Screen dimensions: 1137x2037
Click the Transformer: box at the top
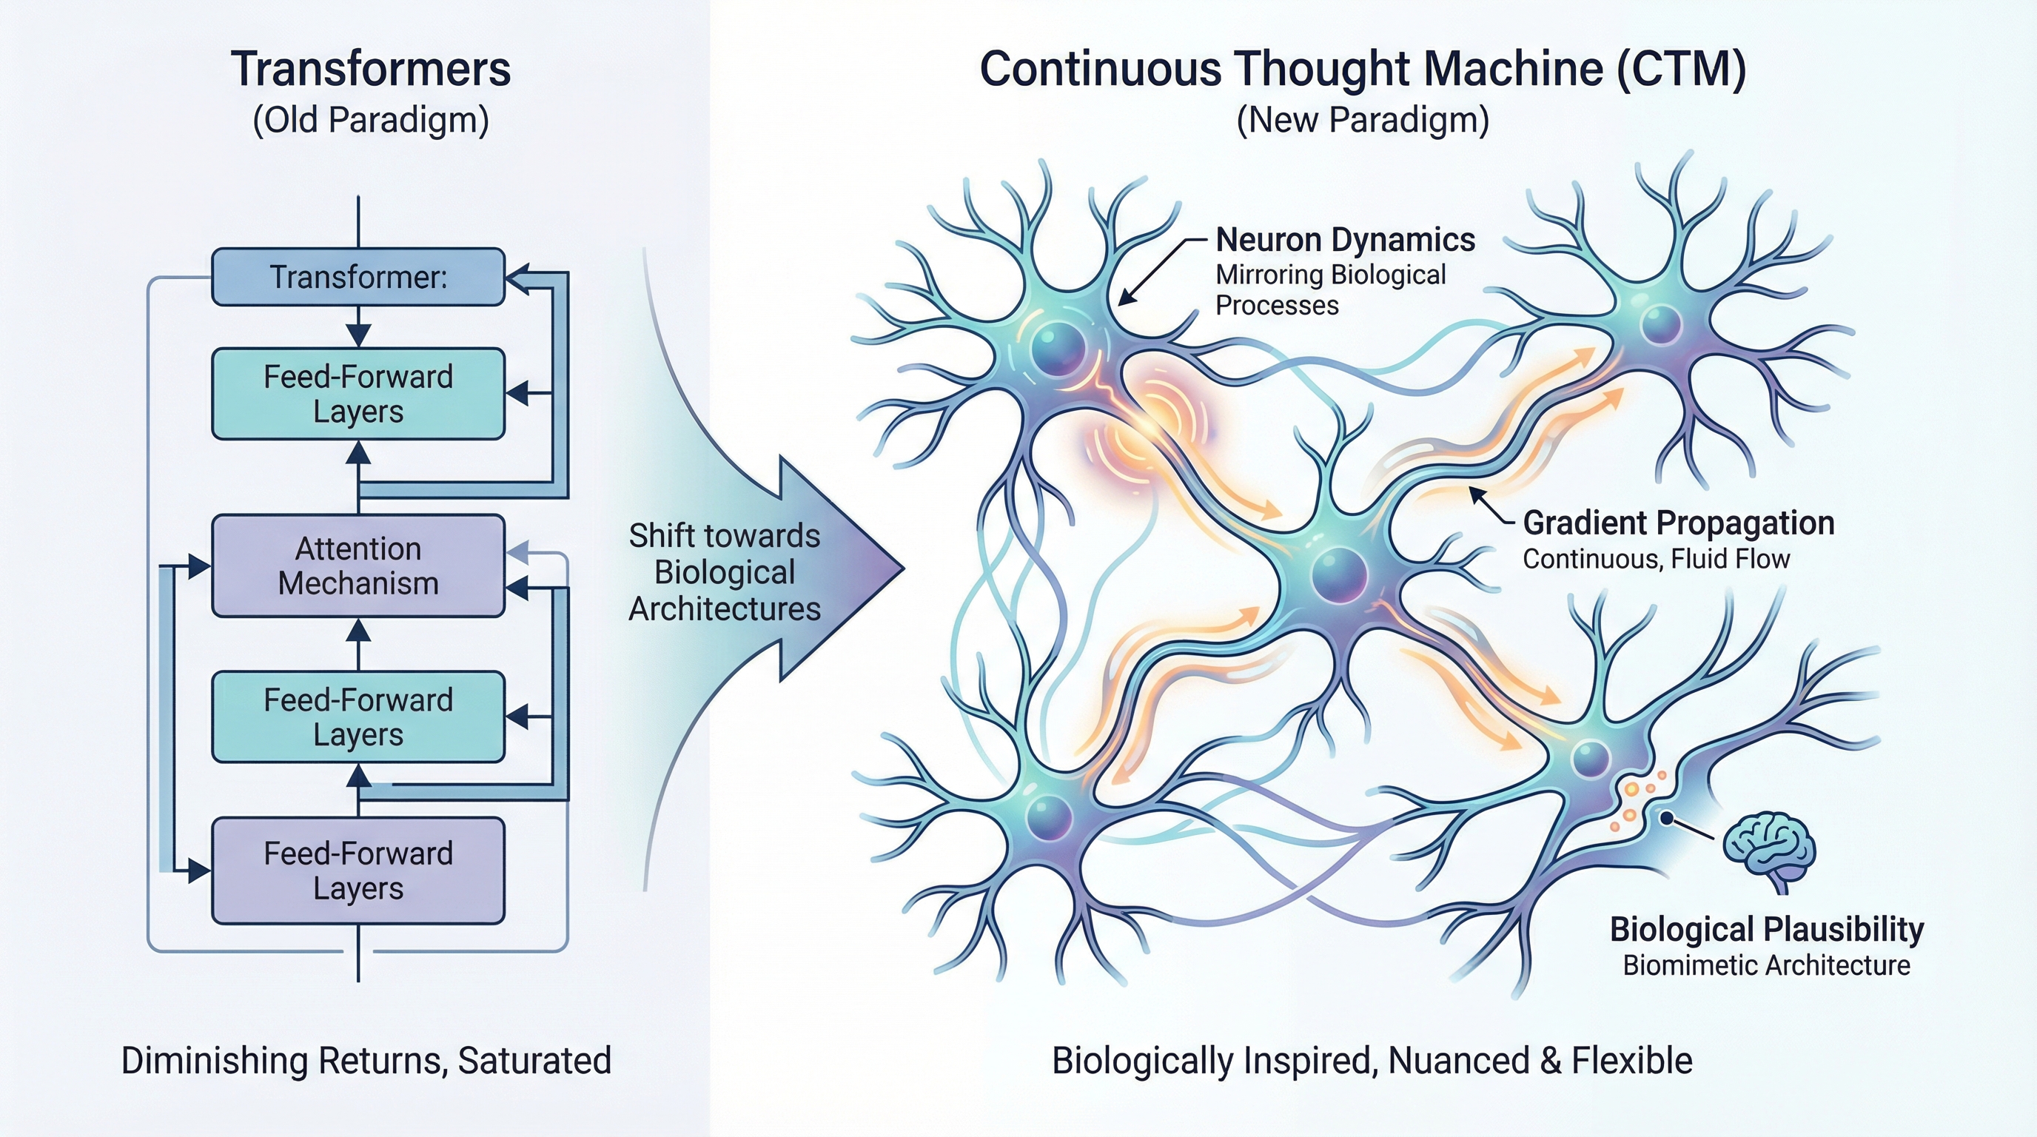(358, 277)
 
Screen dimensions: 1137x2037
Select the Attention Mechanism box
(358, 566)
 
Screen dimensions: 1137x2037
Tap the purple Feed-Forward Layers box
(358, 871)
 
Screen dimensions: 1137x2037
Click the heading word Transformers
(371, 70)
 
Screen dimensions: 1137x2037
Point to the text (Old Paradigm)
(371, 120)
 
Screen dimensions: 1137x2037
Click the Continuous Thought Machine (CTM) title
(1363, 70)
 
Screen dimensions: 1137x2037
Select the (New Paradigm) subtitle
(1363, 120)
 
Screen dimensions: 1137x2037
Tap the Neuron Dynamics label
(1344, 240)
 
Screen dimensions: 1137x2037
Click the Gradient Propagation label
(1678, 523)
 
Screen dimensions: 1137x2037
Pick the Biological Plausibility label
(1767, 929)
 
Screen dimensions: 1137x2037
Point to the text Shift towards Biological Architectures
(725, 572)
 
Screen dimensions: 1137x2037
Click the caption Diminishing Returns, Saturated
(366, 1060)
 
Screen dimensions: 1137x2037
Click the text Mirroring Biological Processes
(1330, 289)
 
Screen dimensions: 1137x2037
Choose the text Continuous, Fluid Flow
(1656, 559)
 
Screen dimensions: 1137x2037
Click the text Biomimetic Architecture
(1767, 965)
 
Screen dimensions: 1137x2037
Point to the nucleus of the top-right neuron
(1660, 324)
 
